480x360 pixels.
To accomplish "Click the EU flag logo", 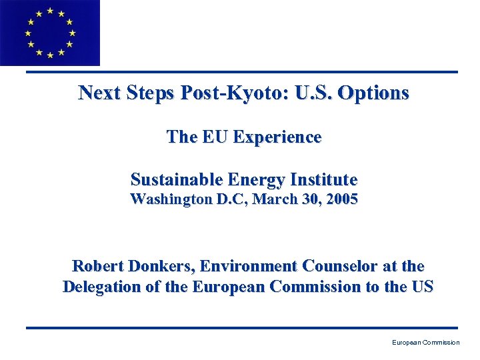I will click(49, 33).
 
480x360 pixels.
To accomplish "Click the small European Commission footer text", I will click(425, 343).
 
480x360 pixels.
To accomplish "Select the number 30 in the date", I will click(307, 199).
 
